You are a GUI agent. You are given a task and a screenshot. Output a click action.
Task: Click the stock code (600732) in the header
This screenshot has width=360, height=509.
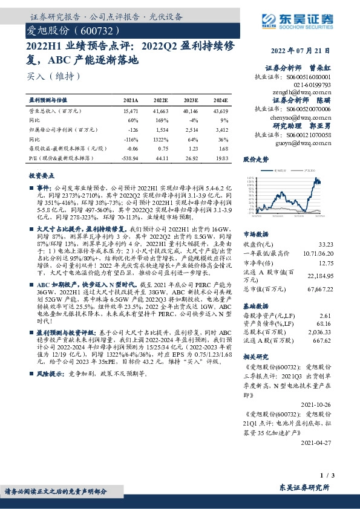click(93, 30)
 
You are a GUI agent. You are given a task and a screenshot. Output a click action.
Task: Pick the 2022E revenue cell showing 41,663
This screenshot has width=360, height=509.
click(160, 112)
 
